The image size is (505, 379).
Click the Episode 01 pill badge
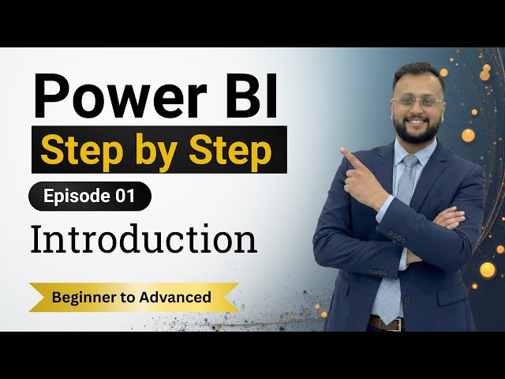pos(89,197)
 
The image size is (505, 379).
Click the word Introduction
pos(144,239)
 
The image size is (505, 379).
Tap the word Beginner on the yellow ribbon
pos(82,298)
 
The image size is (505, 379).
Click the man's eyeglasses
pos(417,103)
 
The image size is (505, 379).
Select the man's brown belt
pos(384,323)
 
